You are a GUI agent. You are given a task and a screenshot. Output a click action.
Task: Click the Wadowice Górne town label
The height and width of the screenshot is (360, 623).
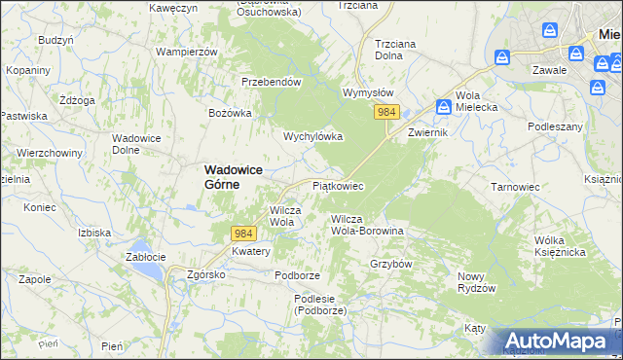235,175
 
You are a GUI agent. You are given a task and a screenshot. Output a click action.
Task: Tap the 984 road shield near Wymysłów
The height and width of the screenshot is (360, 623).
386,113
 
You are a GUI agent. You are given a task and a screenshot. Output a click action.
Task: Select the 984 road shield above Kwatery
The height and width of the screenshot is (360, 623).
244,234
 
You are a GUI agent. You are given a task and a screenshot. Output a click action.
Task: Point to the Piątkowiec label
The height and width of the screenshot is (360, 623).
338,185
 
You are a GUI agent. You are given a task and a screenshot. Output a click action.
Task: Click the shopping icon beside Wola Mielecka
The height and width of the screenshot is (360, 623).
443,106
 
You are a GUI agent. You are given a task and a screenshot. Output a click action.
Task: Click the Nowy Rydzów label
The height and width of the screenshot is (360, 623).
477,282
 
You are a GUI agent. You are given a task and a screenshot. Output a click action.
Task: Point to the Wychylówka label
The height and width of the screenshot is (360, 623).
312,137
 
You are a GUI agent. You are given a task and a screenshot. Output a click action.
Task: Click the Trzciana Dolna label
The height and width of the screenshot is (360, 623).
401,50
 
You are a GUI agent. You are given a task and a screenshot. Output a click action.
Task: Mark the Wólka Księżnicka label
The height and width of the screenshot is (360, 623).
559,245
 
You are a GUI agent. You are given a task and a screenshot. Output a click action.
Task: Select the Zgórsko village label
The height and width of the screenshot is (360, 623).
206,274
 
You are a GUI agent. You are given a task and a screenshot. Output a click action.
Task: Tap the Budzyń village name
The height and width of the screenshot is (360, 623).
55,40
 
